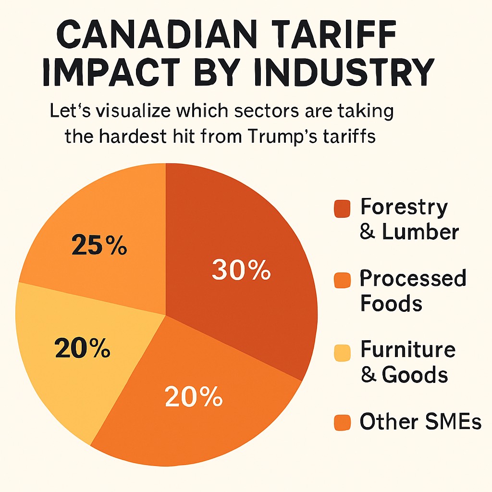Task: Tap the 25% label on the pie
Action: pyautogui.click(x=99, y=246)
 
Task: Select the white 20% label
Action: pyautogui.click(x=194, y=397)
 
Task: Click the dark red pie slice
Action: pyautogui.click(x=250, y=231)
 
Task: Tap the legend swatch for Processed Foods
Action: pyautogui.click(x=343, y=280)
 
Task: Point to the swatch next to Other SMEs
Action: pyautogui.click(x=343, y=423)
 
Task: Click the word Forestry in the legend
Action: pyautogui.click(x=404, y=207)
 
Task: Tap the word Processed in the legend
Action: pyautogui.click(x=413, y=278)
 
